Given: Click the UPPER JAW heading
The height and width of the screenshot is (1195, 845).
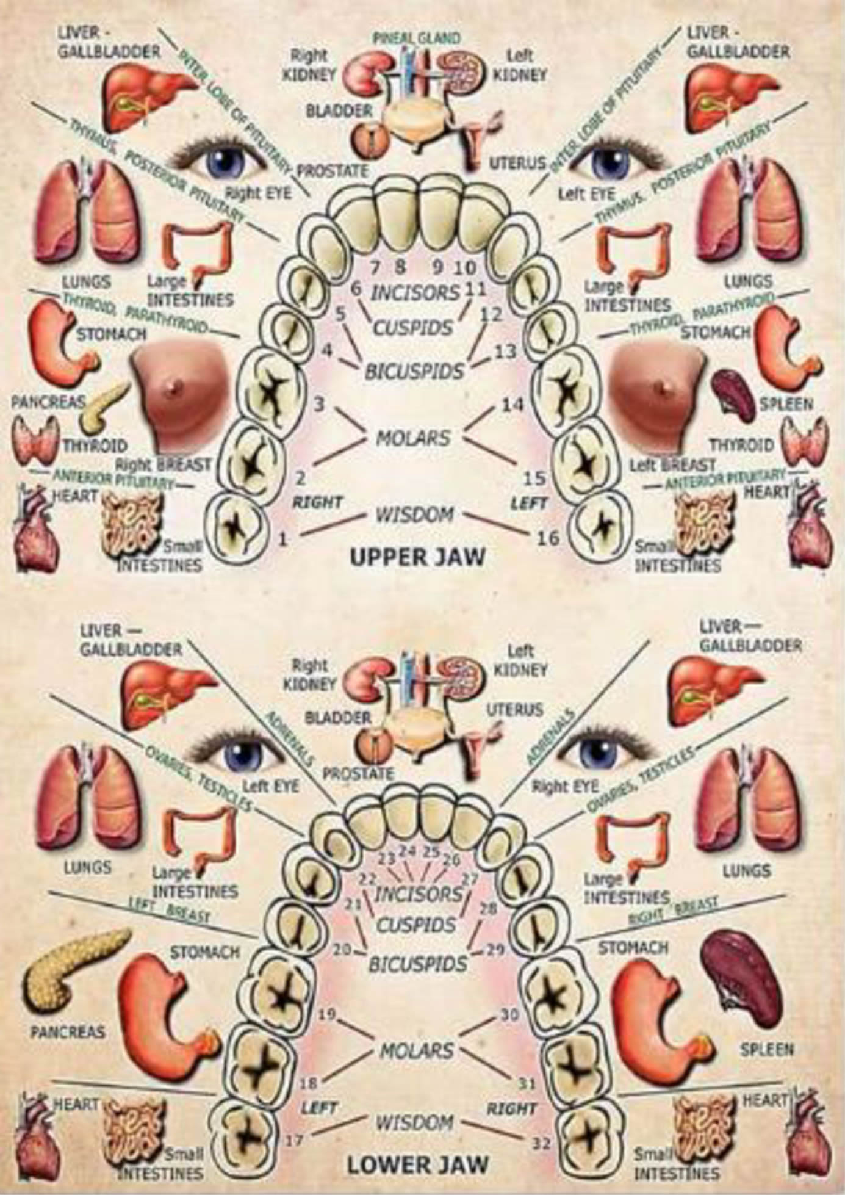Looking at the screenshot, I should (418, 557).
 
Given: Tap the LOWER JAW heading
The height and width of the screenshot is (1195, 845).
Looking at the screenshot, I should (418, 1164).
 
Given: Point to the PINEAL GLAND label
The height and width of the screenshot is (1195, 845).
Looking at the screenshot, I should (417, 38).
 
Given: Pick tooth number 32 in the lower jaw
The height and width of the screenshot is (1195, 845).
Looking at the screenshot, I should (541, 1143).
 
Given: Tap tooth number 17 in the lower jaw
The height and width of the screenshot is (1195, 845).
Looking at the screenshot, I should (294, 1140).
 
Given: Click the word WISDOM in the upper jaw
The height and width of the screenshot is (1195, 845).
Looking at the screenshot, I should (414, 515).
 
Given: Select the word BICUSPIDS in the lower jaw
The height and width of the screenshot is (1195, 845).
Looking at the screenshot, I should (418, 964).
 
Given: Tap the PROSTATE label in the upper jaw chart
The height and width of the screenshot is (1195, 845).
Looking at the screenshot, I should (333, 170).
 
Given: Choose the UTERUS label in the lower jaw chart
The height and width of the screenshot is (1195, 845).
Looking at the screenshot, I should (514, 710).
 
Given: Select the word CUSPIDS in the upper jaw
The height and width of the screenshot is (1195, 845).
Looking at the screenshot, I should (414, 328).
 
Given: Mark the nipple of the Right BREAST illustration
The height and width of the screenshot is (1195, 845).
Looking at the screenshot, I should (176, 386).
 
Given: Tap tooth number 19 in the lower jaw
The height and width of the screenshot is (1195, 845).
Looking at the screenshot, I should (328, 1015).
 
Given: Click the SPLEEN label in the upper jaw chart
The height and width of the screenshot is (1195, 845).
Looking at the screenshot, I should (786, 404).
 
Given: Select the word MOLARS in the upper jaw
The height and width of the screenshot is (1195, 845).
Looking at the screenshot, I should (413, 438).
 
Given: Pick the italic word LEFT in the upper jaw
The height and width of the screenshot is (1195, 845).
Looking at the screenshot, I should (529, 504).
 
